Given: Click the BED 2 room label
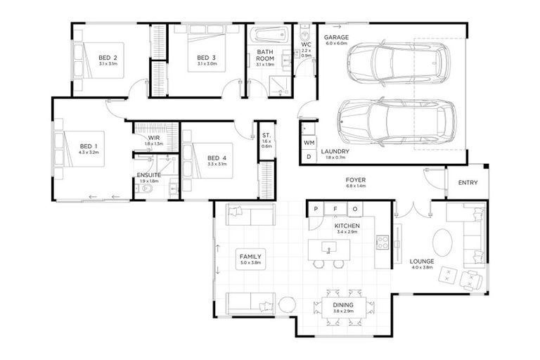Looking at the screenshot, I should pyautogui.click(x=108, y=58).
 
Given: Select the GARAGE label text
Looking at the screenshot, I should pyautogui.click(x=335, y=36).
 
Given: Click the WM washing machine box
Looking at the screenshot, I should pyautogui.click(x=309, y=143).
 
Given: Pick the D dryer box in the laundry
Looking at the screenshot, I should pyautogui.click(x=309, y=157).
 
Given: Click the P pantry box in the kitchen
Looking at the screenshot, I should pyautogui.click(x=316, y=209).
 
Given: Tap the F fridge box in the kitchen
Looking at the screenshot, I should pyautogui.click(x=335, y=209).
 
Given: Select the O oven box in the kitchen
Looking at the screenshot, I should pyautogui.click(x=355, y=209).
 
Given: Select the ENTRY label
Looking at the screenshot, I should pyautogui.click(x=468, y=184).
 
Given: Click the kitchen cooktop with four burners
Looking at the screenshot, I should pyautogui.click(x=383, y=243).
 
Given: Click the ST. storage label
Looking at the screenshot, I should pyautogui.click(x=266, y=135).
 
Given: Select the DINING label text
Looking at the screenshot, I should pyautogui.click(x=343, y=304).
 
